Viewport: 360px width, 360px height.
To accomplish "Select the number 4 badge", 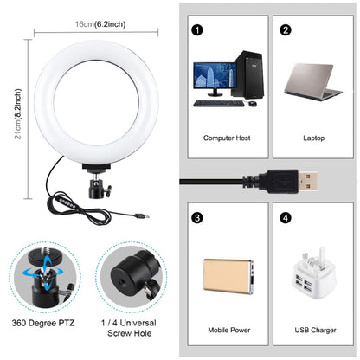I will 286,216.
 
